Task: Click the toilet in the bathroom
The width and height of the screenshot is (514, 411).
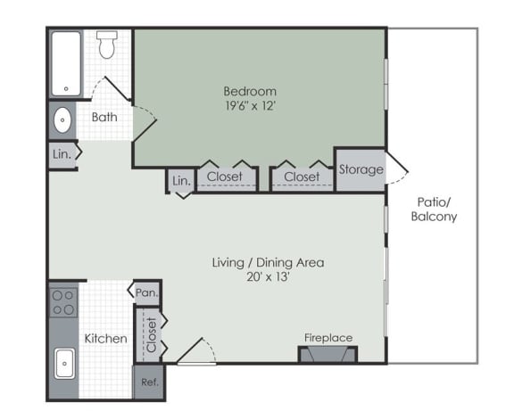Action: click(107, 45)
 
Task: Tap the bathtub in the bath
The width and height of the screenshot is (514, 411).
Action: click(66, 64)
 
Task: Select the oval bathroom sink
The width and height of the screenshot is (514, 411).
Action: click(62, 120)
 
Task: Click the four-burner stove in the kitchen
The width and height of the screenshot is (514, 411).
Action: click(63, 302)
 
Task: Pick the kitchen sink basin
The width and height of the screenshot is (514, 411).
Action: click(64, 363)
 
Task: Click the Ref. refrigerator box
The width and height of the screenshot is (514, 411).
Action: click(150, 382)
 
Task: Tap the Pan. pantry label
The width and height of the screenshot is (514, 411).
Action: click(147, 292)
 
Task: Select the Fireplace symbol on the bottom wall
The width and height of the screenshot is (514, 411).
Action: click(327, 354)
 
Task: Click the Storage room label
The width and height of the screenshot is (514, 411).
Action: click(361, 169)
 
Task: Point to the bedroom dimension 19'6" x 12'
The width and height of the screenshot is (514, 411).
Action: click(250, 106)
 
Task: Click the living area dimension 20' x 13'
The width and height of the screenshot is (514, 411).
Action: click(268, 277)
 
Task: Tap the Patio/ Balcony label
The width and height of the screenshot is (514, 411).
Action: click(434, 210)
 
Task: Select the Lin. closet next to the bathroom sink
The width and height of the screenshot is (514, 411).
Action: click(63, 154)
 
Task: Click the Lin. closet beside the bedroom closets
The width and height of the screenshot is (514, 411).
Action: click(181, 180)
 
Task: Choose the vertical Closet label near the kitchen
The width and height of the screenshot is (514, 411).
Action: click(152, 334)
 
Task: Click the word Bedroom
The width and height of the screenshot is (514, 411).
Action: click(250, 91)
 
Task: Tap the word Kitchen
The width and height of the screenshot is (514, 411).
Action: click(106, 339)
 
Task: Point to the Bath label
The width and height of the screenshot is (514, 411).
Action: click(104, 117)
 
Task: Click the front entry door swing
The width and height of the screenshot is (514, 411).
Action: click(196, 350)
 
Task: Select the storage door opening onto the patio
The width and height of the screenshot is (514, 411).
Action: click(397, 168)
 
